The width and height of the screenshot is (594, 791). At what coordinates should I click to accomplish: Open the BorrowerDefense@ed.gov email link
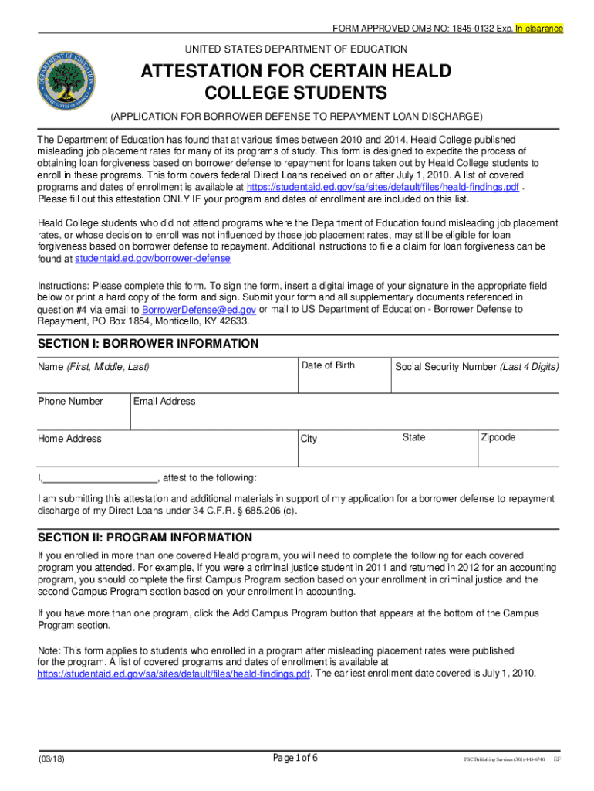(194, 309)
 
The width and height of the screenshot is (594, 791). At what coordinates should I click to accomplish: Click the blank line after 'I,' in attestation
(100, 477)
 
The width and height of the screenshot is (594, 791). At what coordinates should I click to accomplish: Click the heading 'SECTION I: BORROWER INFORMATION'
(148, 344)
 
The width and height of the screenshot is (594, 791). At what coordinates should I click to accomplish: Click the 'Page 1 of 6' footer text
(295, 758)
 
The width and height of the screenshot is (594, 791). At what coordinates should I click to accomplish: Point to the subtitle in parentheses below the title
(296, 116)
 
